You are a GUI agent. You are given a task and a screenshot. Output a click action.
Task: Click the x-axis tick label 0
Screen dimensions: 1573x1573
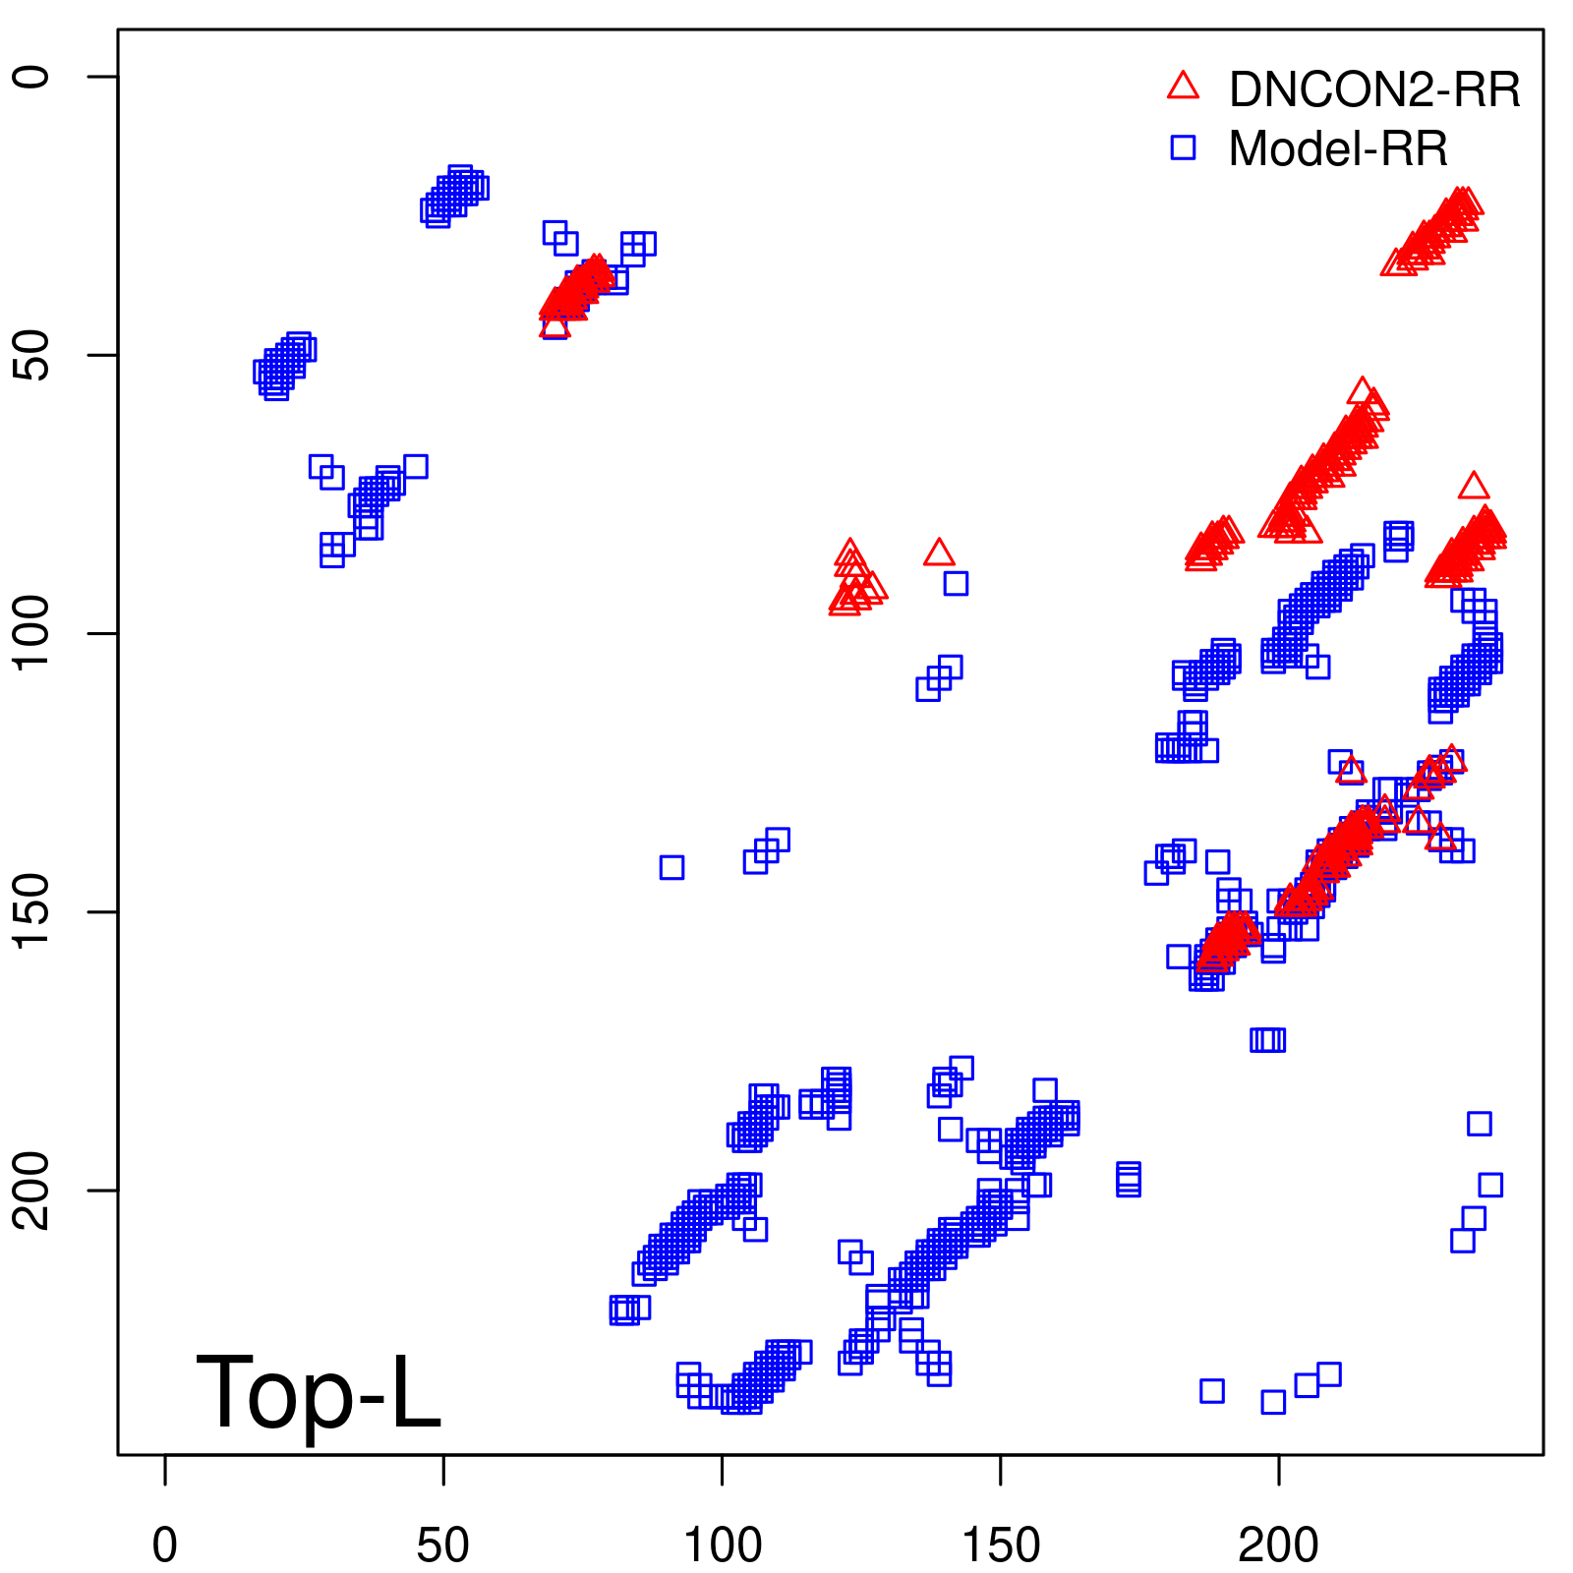pyautogui.click(x=165, y=1544)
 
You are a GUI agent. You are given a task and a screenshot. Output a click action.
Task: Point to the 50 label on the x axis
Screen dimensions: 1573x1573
pyautogui.click(x=443, y=1544)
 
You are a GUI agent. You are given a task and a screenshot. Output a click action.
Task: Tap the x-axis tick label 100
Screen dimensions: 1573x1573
pyautogui.click(x=722, y=1544)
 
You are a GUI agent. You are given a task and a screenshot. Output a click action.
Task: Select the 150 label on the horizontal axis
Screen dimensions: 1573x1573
pyautogui.click(x=1000, y=1544)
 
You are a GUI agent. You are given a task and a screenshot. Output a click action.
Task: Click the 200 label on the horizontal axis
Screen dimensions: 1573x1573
pyautogui.click(x=1278, y=1544)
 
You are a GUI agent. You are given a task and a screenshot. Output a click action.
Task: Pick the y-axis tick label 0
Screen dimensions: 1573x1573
pyautogui.click(x=32, y=77)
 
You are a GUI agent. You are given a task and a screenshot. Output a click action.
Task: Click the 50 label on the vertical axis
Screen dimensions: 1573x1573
pyautogui.click(x=32, y=355)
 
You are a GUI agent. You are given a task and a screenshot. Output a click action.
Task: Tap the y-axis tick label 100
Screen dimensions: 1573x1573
pyautogui.click(x=32, y=633)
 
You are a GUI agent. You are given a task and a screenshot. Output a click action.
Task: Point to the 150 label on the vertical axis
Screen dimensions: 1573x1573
pyautogui.click(x=32, y=911)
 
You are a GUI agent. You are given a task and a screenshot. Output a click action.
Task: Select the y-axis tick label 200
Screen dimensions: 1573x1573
pyautogui.click(x=32, y=1190)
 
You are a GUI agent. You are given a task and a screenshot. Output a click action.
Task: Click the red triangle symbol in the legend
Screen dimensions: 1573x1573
pyautogui.click(x=1183, y=87)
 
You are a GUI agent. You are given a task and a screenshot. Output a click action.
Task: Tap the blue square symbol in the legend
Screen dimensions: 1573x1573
pyautogui.click(x=1183, y=147)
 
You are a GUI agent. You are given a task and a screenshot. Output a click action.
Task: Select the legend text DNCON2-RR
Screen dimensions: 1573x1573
pyautogui.click(x=1374, y=89)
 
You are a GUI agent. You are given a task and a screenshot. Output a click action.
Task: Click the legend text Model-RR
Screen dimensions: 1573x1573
pyautogui.click(x=1338, y=149)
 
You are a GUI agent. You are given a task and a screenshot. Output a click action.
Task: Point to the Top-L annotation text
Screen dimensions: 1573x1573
pyautogui.click(x=319, y=1392)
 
